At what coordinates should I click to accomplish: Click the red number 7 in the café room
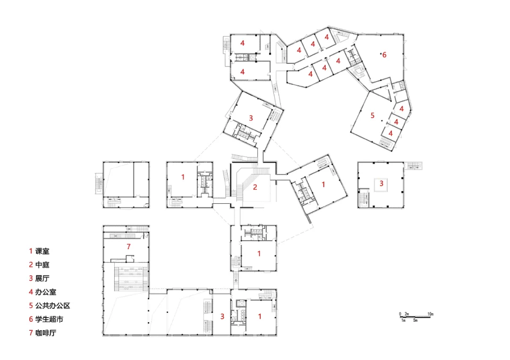click(x=128, y=247)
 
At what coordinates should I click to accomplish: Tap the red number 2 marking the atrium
click(x=255, y=187)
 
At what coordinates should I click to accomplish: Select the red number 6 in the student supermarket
click(x=384, y=55)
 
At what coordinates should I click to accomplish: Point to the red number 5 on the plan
click(x=373, y=115)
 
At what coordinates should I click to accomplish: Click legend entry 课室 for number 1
click(x=42, y=251)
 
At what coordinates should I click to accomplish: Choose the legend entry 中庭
click(x=42, y=265)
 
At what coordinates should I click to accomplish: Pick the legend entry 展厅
click(x=42, y=278)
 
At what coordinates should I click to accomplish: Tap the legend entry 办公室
click(x=46, y=292)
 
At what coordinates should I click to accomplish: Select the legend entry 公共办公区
click(x=53, y=306)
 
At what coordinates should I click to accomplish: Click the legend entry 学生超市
click(x=49, y=319)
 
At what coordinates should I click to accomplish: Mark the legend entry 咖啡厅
click(x=46, y=333)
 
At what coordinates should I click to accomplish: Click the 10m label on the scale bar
click(x=430, y=314)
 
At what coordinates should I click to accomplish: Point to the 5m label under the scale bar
click(x=416, y=321)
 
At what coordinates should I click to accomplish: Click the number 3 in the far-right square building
click(x=382, y=184)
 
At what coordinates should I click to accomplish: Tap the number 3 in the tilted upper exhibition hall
click(x=251, y=118)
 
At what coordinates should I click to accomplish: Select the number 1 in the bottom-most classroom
click(x=260, y=316)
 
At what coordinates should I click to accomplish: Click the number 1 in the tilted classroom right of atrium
click(x=323, y=184)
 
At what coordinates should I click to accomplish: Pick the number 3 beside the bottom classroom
click(x=222, y=317)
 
